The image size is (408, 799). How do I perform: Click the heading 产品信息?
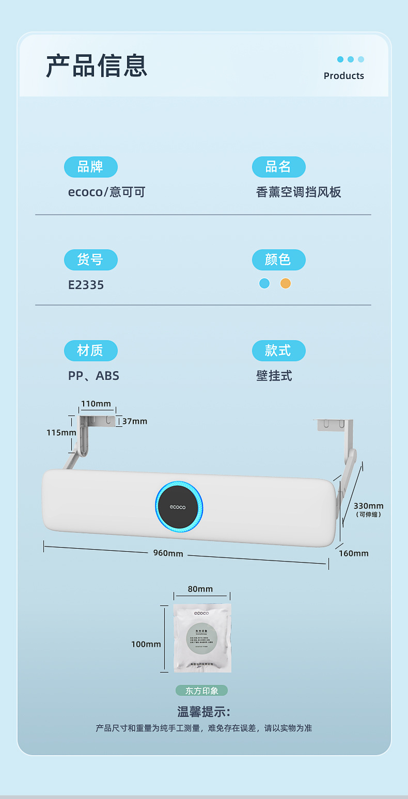coord(97,66)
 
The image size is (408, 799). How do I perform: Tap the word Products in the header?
coord(343,76)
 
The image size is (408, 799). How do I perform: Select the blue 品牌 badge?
coord(90,167)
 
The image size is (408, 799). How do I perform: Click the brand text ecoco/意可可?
coord(106,193)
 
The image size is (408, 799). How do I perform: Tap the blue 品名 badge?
coord(278,167)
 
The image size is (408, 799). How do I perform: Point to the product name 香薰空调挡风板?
coord(299,193)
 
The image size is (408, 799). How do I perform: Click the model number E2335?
coord(86,285)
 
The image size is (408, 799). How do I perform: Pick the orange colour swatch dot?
coord(286,283)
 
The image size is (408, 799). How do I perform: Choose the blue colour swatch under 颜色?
coord(264,283)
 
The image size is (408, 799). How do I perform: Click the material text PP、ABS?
coord(93,376)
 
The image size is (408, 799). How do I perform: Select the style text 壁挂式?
coord(274,376)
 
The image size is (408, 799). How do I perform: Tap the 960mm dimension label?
coord(168,553)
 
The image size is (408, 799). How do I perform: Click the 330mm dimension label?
coord(368,506)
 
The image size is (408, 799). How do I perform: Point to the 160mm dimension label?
coord(354,553)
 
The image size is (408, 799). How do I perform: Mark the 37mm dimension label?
coord(135,421)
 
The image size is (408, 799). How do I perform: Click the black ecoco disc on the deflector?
coord(178,507)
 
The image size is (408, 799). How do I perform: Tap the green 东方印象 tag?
coord(201,691)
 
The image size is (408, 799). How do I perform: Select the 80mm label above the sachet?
coord(200,589)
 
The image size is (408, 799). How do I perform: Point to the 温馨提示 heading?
coord(203,712)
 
